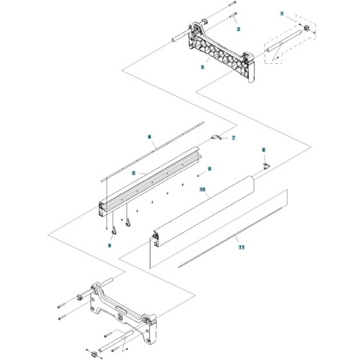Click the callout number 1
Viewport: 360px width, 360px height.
point(281,13)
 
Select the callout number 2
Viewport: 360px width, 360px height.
point(238,30)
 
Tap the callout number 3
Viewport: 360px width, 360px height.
point(203,67)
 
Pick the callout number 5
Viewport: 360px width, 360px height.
point(134,173)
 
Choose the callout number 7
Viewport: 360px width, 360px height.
point(233,138)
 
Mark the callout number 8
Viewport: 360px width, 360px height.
point(263,150)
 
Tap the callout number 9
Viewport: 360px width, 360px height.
point(110,246)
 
